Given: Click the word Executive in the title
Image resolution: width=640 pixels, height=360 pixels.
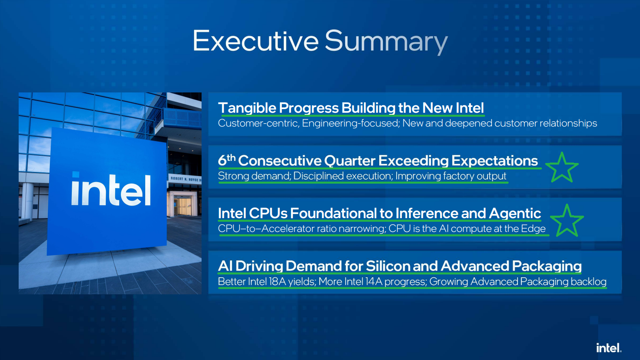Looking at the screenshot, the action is (x=256, y=41).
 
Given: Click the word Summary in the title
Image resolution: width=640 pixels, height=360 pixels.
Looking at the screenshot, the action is (x=386, y=42).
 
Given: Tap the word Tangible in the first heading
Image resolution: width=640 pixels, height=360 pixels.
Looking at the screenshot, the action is (x=247, y=108).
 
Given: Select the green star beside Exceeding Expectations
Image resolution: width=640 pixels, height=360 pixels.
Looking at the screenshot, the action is (x=562, y=167).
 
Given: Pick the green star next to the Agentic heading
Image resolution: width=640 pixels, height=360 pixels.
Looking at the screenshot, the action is (x=567, y=221).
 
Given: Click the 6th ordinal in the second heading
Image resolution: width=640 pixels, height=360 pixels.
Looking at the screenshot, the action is (x=227, y=160).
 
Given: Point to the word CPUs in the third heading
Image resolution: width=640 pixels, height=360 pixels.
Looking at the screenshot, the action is (x=268, y=213).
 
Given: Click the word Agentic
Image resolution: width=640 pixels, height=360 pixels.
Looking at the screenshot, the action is (x=515, y=214).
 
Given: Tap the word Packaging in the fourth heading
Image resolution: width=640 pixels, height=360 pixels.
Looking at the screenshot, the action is (x=547, y=266).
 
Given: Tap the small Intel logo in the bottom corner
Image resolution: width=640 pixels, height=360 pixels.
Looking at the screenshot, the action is (x=609, y=348).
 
